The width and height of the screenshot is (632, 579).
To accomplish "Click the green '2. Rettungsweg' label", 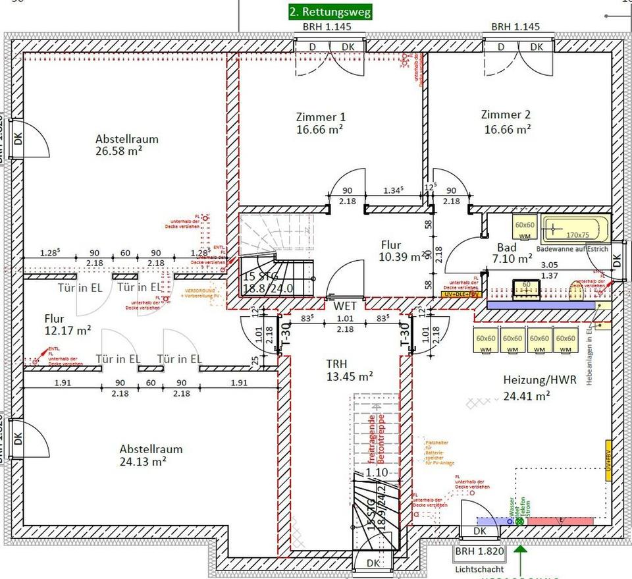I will coord(330,12).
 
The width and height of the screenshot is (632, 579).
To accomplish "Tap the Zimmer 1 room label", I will coord(321,123).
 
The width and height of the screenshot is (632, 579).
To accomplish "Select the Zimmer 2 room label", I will coord(506,121).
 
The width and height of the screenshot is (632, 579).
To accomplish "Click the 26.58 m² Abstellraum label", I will coord(126,146).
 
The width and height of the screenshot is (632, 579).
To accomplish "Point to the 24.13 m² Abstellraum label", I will coord(151,455).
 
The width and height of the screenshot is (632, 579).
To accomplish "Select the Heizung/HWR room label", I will coord(527,388).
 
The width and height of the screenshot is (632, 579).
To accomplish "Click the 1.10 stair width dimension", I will coord(376,472).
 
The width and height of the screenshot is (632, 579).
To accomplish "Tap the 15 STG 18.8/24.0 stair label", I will coord(269,282).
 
